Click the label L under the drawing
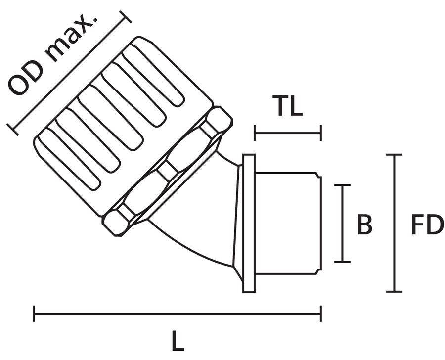tap(178, 341)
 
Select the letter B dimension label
tap(364, 225)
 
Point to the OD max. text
tap(54, 54)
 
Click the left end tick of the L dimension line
tap(34, 314)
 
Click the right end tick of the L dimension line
tap(321, 314)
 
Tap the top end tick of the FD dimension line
tap(394, 155)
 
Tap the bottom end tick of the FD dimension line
tap(394, 291)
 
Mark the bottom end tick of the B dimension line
tap(342, 262)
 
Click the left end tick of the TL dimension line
tap(255, 133)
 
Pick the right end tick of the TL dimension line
tap(321, 133)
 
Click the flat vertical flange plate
tap(249, 223)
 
